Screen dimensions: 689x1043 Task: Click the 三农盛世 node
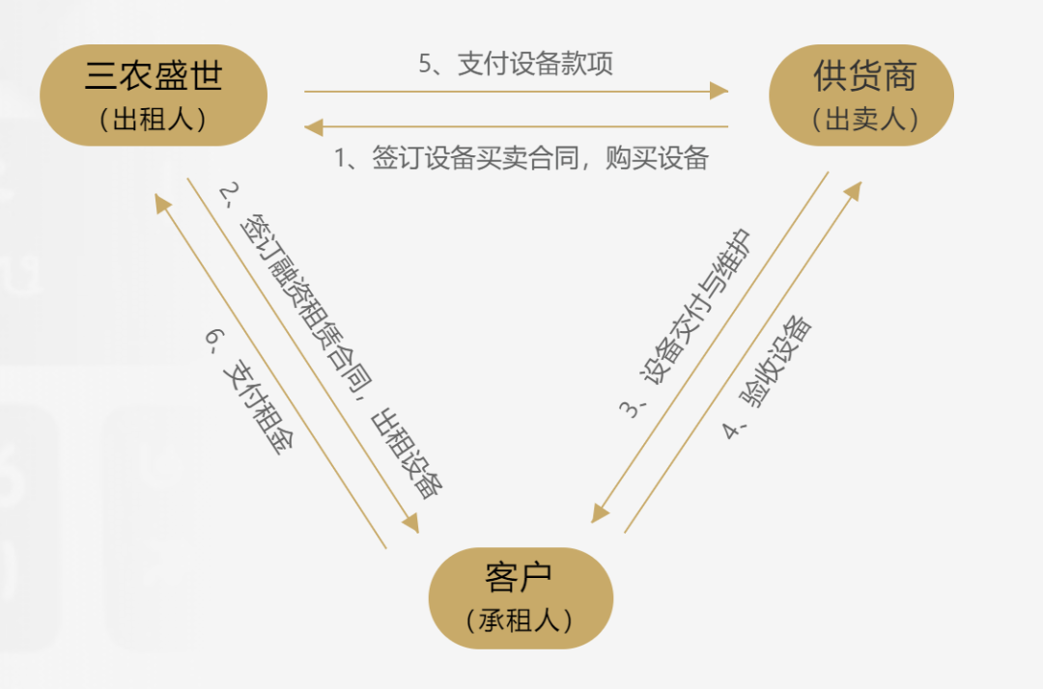[153, 95]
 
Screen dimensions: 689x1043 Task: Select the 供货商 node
[861, 95]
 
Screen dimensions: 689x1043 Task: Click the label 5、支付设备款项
[516, 65]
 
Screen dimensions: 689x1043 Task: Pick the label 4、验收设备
[768, 376]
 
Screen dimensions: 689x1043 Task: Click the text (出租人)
[153, 119]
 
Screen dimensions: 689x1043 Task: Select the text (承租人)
[520, 620]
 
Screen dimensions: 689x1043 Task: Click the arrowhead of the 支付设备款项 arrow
[719, 92]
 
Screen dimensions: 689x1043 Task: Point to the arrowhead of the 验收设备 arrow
[853, 190]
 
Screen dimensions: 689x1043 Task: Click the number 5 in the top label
[425, 65]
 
